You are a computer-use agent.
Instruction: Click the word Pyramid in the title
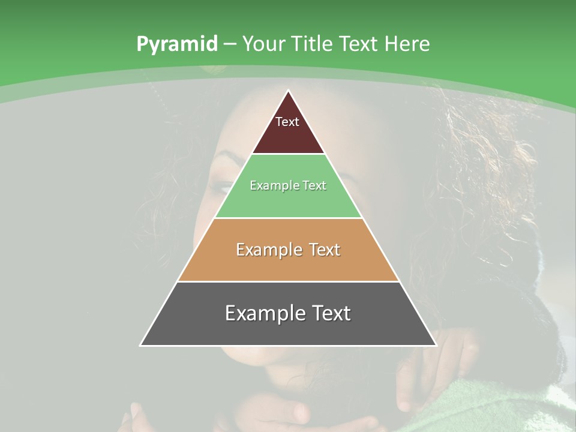pyautogui.click(x=176, y=44)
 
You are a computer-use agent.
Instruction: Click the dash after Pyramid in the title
pyautogui.click(x=230, y=44)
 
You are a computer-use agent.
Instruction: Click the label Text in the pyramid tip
pyautogui.click(x=287, y=122)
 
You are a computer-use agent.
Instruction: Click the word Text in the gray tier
pyautogui.click(x=328, y=313)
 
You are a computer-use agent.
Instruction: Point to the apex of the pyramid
pyautogui.click(x=289, y=91)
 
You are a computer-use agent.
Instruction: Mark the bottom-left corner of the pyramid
pyautogui.click(x=140, y=346)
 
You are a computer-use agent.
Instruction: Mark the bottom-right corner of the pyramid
pyautogui.click(x=436, y=346)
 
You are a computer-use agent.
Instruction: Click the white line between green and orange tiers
pyautogui.click(x=288, y=218)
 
